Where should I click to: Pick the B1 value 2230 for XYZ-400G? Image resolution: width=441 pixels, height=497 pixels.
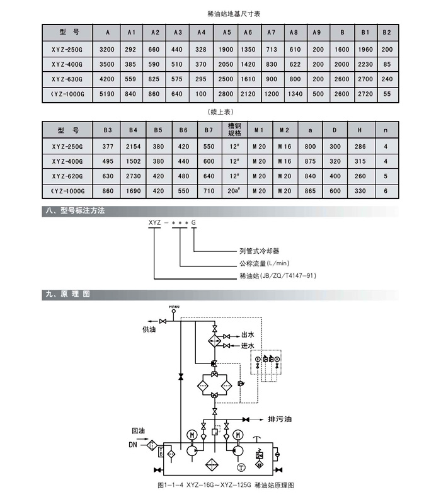365,64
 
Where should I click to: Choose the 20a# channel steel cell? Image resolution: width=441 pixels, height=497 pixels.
234,190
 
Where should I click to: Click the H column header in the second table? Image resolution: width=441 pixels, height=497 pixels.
360,130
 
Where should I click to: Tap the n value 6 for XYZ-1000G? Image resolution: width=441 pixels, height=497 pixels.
385,190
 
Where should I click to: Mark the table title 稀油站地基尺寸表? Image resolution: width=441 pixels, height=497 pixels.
220,13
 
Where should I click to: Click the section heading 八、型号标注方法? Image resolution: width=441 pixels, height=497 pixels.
79,211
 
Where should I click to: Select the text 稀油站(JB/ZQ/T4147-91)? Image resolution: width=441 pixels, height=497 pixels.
277,276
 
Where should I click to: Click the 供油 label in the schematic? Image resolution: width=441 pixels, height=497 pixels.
149,328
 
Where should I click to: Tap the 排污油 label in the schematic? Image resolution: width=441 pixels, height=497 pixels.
280,419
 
